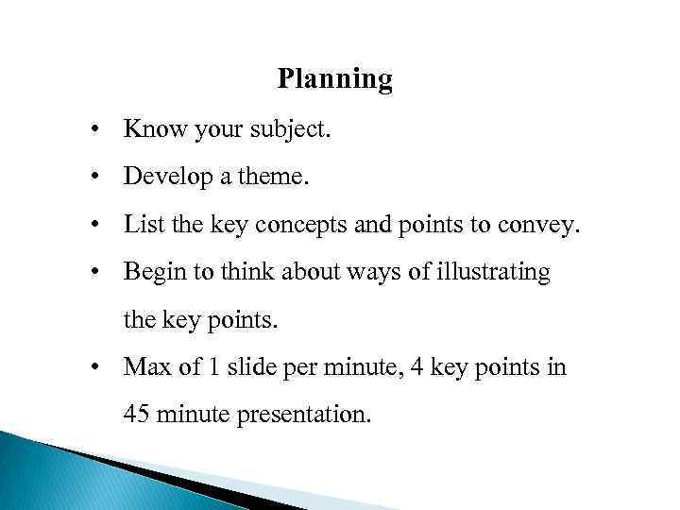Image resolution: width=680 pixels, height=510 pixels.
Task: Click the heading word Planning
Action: (x=334, y=79)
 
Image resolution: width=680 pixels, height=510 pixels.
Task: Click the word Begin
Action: (x=151, y=274)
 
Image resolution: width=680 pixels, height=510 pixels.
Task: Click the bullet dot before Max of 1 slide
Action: (x=97, y=367)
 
